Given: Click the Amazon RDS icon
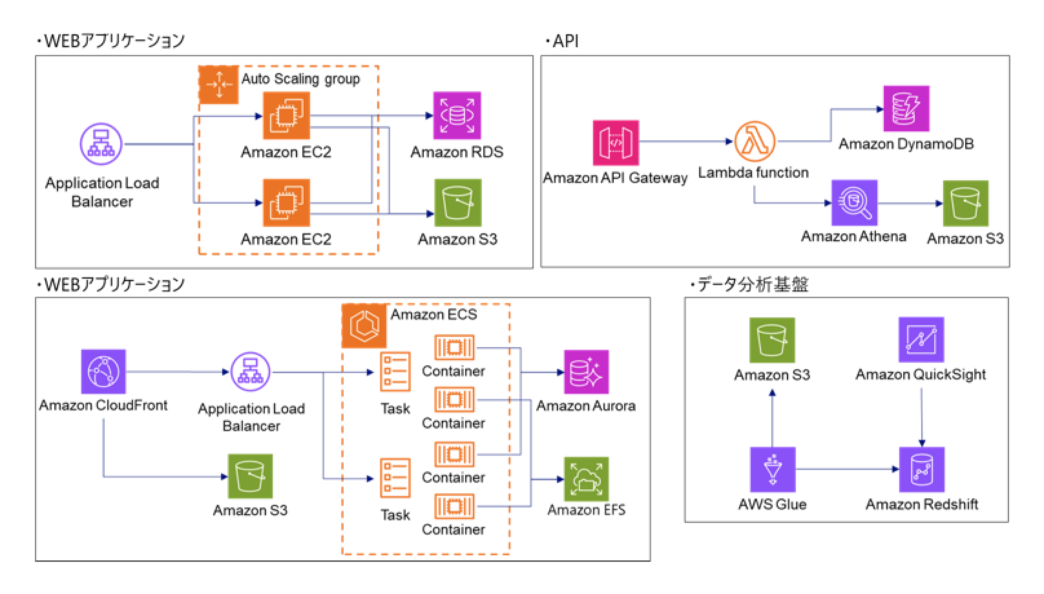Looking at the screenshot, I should (457, 116).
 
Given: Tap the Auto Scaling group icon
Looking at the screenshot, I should (218, 85).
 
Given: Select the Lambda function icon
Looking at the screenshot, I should (755, 142).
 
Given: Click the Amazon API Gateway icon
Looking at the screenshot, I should (616, 143).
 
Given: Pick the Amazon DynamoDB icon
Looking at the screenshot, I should (906, 109).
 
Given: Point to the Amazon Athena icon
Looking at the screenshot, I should (854, 203).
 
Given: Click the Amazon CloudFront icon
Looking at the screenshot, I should (103, 372).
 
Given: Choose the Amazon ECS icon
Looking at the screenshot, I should (364, 326).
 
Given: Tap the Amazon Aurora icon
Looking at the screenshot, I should (586, 372).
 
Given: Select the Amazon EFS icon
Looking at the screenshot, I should (586, 480).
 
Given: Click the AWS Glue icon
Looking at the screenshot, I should (773, 470).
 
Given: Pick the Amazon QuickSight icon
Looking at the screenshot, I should (921, 339).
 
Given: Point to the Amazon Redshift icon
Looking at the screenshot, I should (922, 470).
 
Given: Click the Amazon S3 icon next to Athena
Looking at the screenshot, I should (965, 204).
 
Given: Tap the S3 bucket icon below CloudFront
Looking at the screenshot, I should (250, 476).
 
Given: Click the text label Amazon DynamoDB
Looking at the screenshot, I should (906, 144).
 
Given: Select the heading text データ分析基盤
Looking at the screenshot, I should (753, 284).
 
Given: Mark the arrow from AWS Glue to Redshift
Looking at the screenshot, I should (846, 470).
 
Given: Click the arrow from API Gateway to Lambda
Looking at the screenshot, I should (685, 142).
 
